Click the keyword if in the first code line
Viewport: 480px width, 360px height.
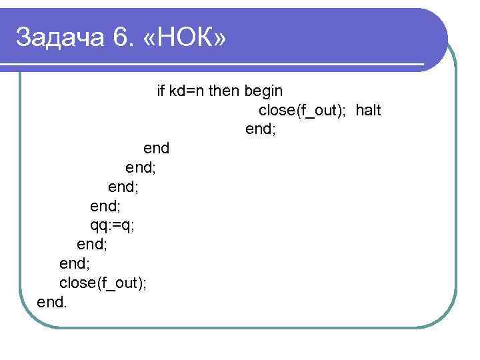pyautogui.click(x=161, y=91)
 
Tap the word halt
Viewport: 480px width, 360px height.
pyautogui.click(x=368, y=110)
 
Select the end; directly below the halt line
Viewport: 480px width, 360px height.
pyautogui.click(x=261, y=129)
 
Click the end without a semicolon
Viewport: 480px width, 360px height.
pyautogui.click(x=157, y=148)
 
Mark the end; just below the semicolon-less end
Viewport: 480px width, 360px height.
pyautogui.click(x=141, y=167)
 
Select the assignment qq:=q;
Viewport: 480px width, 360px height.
pyautogui.click(x=112, y=225)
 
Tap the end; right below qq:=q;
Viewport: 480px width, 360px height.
pyautogui.click(x=92, y=244)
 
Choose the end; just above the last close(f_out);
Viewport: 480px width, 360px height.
pyautogui.click(x=75, y=263)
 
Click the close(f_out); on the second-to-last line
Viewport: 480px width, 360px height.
pyautogui.click(x=103, y=283)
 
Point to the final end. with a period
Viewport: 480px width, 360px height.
pyautogui.click(x=52, y=302)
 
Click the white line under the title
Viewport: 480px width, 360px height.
pyautogui.click(x=220, y=65)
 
